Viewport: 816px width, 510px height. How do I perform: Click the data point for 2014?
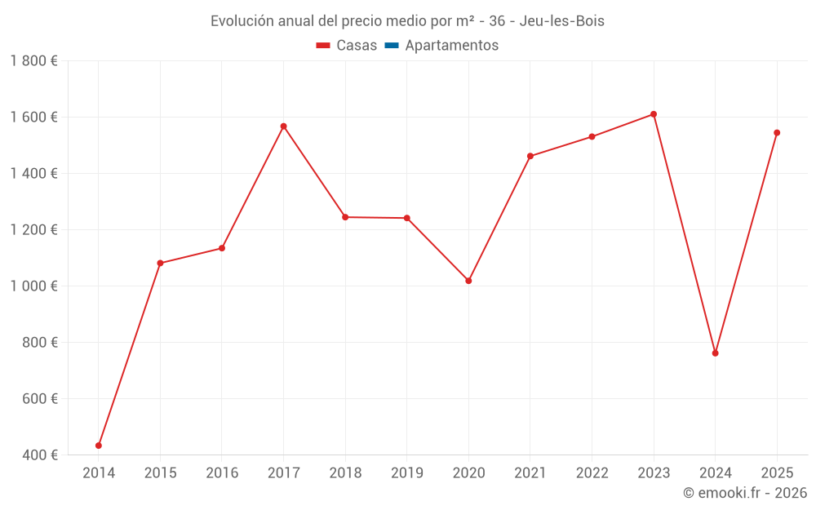tap(99, 446)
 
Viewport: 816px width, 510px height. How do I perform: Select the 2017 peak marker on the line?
tap(284, 126)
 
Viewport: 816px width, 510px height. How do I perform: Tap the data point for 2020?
tap(468, 281)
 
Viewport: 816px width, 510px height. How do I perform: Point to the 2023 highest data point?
tap(654, 114)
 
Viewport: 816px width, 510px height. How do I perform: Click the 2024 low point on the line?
tap(715, 353)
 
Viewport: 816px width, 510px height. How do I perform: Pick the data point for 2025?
tap(777, 133)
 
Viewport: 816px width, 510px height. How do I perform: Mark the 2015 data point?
tap(160, 264)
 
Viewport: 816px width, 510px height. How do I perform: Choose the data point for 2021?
tap(530, 156)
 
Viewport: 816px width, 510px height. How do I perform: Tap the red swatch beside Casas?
tap(323, 46)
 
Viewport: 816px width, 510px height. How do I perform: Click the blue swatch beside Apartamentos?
tap(392, 46)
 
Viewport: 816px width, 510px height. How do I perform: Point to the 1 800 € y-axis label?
tap(33, 61)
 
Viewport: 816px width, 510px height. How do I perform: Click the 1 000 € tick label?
tap(33, 286)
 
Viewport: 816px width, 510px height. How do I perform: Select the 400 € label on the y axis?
tap(40, 455)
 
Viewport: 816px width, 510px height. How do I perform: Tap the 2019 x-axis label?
tap(407, 473)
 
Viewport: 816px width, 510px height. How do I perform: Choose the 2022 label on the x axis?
tap(592, 473)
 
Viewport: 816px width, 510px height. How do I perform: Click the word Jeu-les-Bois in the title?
tap(561, 21)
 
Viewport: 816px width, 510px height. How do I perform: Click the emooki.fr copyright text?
tap(745, 493)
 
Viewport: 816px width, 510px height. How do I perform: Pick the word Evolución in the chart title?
tap(242, 21)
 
